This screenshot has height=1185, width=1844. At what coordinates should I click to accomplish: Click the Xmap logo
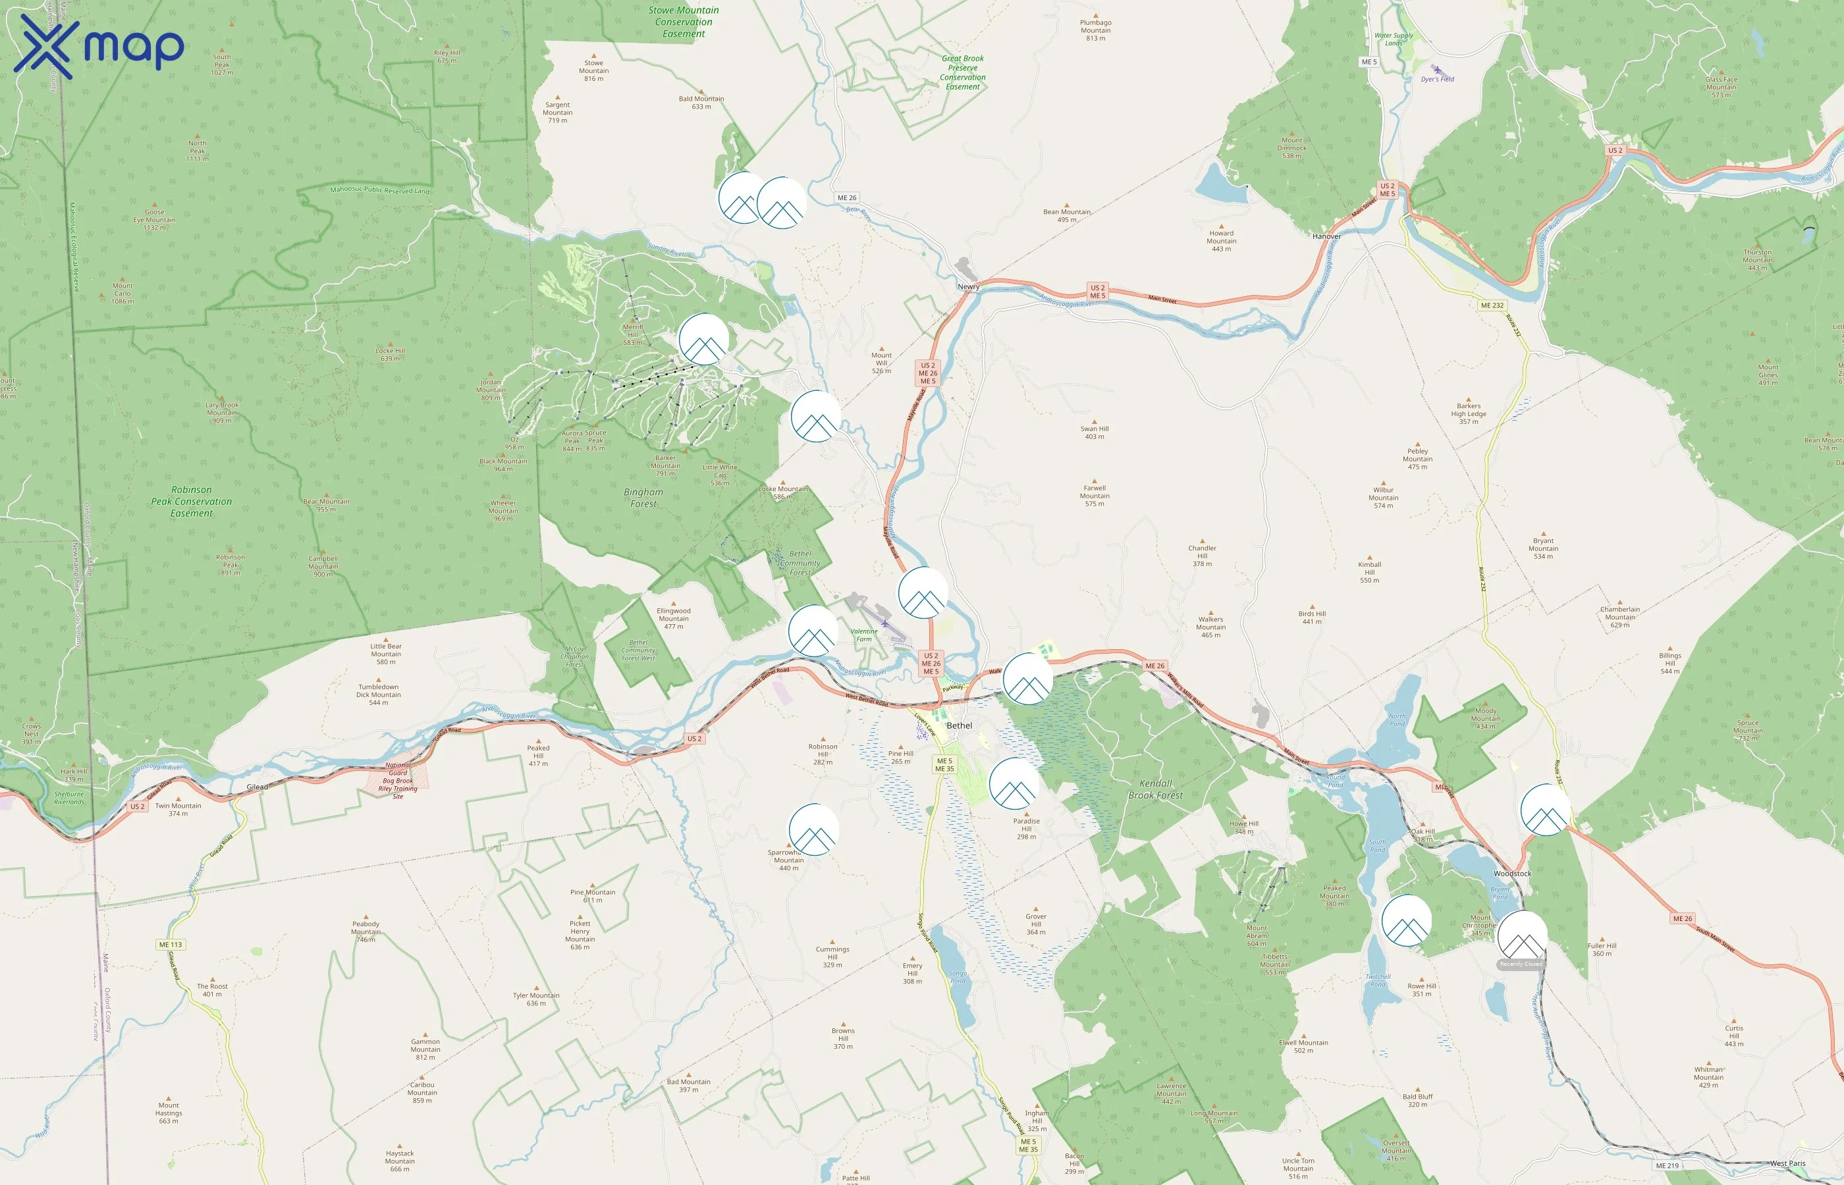[99, 46]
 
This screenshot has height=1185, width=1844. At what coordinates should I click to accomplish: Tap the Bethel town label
[959, 725]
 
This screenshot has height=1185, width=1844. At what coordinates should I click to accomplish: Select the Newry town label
[968, 287]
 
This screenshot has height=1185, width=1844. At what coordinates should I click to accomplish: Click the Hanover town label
[1326, 236]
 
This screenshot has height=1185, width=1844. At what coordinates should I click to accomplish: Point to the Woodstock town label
[1512, 874]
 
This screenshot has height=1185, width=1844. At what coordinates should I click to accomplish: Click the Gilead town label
[257, 787]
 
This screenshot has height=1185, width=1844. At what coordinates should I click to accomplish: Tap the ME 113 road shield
[171, 945]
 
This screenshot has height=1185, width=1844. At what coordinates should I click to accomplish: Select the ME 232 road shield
[1492, 305]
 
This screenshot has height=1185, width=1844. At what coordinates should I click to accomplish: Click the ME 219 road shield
[1667, 1166]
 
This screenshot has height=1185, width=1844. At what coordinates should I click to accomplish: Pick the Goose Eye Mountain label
[155, 220]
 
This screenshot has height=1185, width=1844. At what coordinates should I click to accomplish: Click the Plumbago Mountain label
[1095, 30]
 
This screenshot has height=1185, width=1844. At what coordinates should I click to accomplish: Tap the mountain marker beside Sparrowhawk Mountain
[813, 829]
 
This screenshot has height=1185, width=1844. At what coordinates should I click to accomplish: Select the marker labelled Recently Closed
[1521, 937]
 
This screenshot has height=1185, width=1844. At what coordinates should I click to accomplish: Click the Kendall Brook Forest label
[1155, 789]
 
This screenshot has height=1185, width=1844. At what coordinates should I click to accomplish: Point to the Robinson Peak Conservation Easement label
[192, 502]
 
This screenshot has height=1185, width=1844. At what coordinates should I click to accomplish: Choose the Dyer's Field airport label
[1437, 79]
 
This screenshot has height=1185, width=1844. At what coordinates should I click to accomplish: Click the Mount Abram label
[1257, 935]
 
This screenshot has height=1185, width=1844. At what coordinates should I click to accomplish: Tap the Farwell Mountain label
[1095, 496]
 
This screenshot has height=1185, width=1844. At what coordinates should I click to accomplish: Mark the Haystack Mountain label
[400, 1161]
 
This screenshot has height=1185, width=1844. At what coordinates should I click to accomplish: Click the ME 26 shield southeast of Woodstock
[1683, 919]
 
